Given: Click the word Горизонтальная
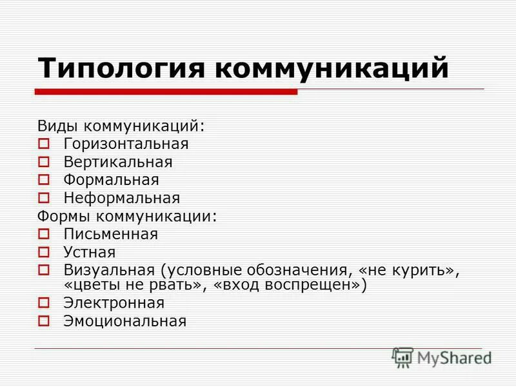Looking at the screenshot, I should [126, 143].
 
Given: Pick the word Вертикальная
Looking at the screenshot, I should [118, 161].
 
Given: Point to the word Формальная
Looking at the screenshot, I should [111, 179].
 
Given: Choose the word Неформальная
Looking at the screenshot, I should [122, 197].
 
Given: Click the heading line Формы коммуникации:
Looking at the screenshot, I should [128, 215].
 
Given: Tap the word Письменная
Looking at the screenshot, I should [111, 233].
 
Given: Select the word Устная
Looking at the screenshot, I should [90, 252].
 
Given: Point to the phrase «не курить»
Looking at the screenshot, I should [409, 269].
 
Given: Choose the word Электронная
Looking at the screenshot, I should [114, 303].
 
